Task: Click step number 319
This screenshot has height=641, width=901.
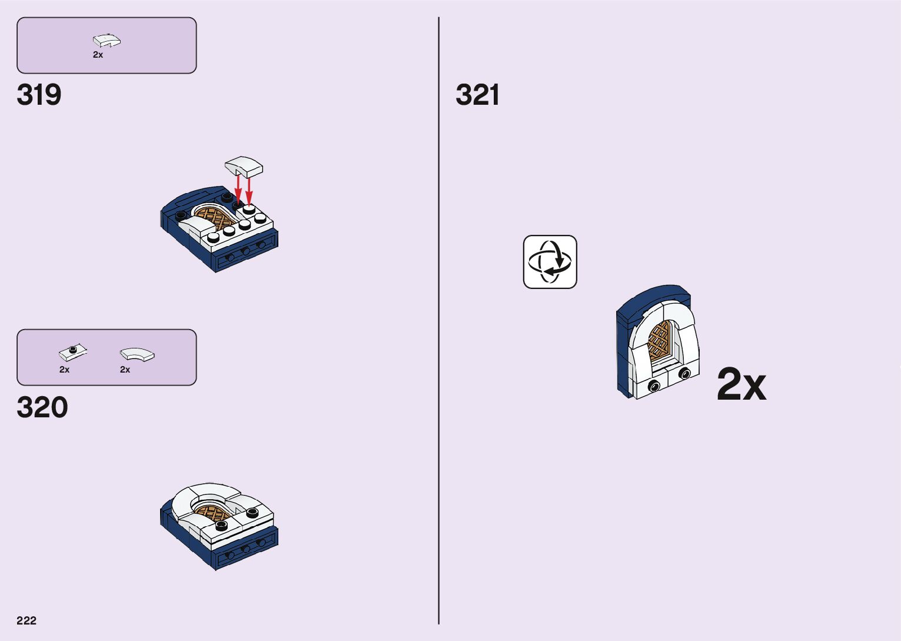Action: [x=39, y=95]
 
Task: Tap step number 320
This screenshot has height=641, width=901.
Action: [x=42, y=407]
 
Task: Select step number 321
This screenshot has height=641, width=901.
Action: [x=477, y=95]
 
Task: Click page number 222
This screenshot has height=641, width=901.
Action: [x=26, y=620]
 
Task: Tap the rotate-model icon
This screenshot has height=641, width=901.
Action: [x=550, y=262]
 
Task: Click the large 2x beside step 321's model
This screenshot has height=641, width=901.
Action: [x=741, y=385]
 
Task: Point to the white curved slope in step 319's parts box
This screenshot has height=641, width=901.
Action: [x=107, y=41]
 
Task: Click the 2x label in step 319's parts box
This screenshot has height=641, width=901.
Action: [x=98, y=55]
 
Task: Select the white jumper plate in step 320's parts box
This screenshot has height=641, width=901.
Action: [x=73, y=353]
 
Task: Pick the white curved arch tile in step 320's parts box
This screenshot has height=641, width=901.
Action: [x=137, y=354]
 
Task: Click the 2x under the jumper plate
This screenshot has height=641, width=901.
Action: [x=64, y=370]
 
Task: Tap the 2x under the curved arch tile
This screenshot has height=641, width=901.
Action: [x=125, y=370]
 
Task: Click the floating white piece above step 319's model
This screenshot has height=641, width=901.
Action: [x=244, y=167]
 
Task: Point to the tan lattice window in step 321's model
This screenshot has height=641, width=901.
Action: [x=660, y=340]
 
